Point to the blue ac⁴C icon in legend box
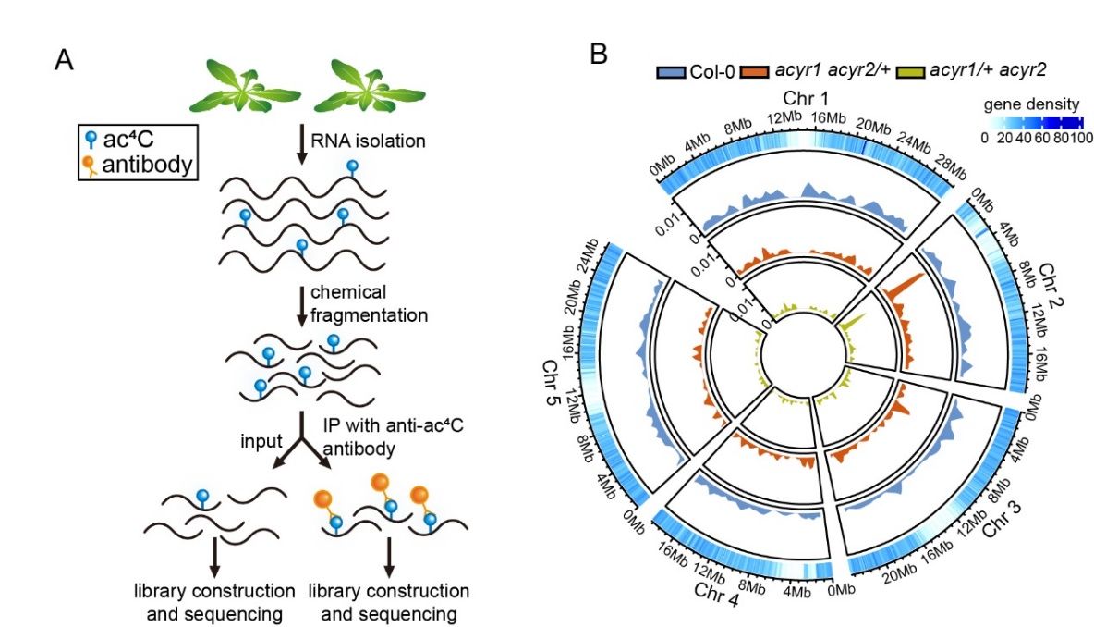(90, 141)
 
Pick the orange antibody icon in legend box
(90, 166)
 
